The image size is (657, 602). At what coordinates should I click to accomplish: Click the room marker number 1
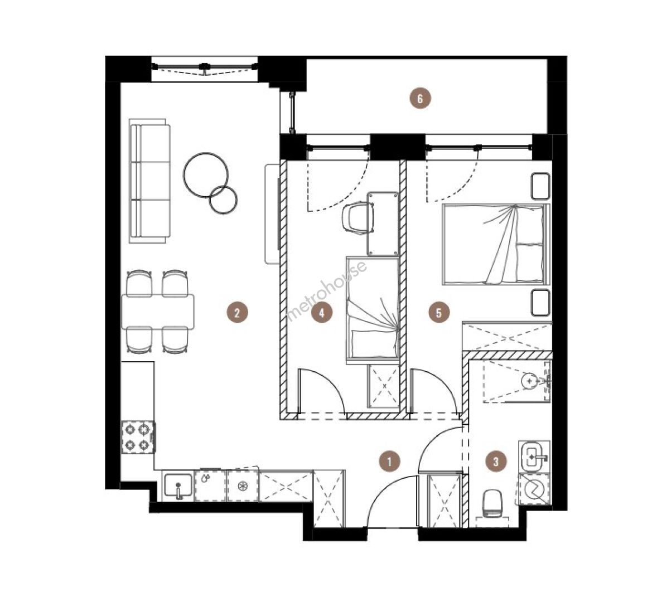click(389, 462)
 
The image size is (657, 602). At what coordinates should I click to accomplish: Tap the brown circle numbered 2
click(237, 312)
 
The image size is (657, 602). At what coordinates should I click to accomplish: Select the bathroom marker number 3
click(496, 462)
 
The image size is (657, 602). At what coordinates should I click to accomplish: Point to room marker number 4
click(322, 312)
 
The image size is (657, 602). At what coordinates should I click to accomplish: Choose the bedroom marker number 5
click(439, 312)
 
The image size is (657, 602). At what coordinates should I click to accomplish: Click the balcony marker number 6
click(420, 99)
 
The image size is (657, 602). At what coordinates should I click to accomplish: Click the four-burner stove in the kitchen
click(139, 437)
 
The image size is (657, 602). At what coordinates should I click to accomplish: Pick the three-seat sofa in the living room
click(149, 181)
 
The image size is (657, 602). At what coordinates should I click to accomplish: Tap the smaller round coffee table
click(223, 200)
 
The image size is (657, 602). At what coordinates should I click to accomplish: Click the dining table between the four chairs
click(157, 312)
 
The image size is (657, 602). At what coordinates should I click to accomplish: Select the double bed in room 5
click(495, 245)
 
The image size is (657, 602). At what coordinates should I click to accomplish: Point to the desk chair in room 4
click(358, 217)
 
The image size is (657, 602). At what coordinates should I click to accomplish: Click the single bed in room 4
click(372, 310)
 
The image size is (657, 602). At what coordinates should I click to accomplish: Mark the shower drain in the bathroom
click(530, 381)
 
